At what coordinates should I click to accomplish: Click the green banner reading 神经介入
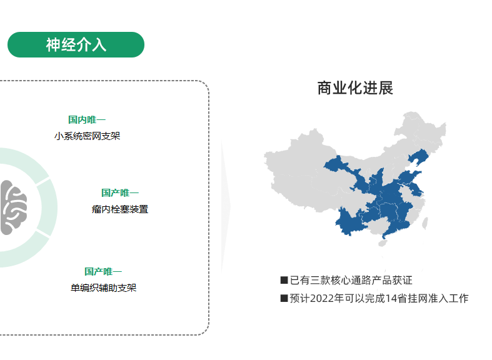tap(76, 44)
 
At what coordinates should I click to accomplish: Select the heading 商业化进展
tap(355, 88)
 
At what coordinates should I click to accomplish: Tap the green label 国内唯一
tap(87, 119)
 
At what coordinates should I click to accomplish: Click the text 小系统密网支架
tap(88, 136)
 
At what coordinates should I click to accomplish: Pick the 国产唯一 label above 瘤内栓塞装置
tap(120, 192)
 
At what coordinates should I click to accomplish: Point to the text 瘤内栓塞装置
tap(120, 209)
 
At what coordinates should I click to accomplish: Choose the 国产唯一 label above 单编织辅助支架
tap(103, 271)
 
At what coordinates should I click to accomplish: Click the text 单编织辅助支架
tap(104, 288)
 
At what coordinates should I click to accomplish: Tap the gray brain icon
tap(13, 207)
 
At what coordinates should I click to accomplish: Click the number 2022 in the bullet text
tap(322, 298)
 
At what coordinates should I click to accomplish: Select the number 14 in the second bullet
tap(391, 298)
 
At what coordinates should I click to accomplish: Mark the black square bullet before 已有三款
tap(284, 280)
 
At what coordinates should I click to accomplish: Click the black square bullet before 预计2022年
tap(284, 298)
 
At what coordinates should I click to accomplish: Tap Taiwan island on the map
tap(425, 223)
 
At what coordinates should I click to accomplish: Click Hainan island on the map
tap(383, 243)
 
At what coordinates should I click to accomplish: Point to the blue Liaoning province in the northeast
tap(418, 156)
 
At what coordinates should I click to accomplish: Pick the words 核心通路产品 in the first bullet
tap(356, 280)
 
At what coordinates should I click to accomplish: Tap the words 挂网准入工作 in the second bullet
tap(438, 298)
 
